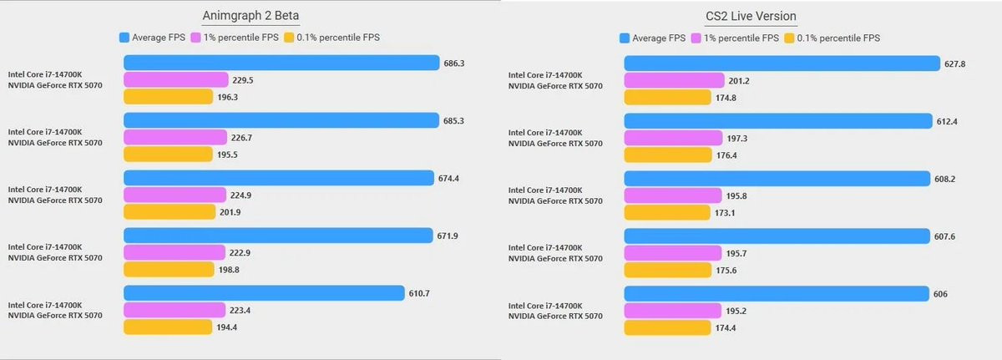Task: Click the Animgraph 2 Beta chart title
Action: [250, 15]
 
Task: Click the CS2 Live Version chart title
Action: [749, 15]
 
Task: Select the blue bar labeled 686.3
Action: [281, 63]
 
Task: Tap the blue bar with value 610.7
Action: [264, 292]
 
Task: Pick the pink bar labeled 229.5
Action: [175, 79]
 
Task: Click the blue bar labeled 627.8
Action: [782, 63]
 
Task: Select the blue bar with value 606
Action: [777, 293]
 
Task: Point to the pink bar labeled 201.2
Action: [674, 80]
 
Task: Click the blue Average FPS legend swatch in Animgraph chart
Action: [124, 38]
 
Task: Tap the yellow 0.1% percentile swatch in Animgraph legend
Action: [289, 38]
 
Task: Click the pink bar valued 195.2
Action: [672, 310]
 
